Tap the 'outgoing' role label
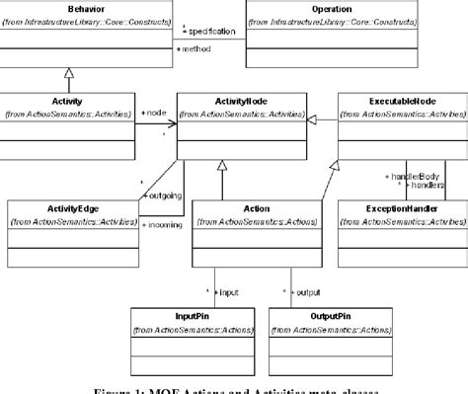click(x=165, y=195)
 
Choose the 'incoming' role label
click(x=165, y=226)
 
